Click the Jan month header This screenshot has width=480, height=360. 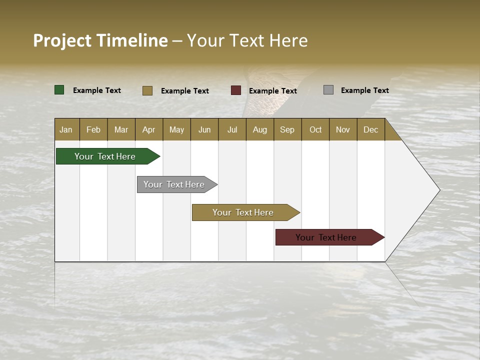pos(66,129)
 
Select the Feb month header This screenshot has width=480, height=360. pos(93,129)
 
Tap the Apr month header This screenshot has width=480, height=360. pos(148,129)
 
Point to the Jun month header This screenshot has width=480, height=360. pos(204,129)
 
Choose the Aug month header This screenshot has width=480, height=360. pos(259,129)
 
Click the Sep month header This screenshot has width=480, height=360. pos(287,129)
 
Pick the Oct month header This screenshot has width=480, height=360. pos(315,129)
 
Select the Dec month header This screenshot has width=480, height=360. pos(370,129)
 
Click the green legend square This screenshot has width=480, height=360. pos(59,90)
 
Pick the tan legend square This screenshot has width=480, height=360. pos(147,90)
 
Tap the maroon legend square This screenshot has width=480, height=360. pos(236,90)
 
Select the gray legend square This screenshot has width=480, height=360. pos(328,90)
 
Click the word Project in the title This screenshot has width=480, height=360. pos(62,40)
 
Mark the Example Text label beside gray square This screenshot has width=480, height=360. pos(364,90)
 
